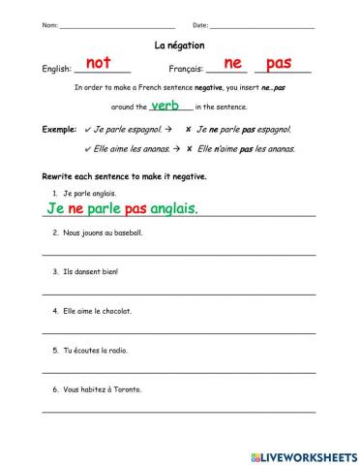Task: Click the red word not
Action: pos(99,63)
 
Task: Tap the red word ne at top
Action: pos(232,63)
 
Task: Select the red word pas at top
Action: pos(279,63)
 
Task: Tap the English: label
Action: pos(57,70)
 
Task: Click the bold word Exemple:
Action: pos(60,129)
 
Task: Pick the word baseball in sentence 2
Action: pos(126,233)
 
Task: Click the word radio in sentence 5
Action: pos(117,350)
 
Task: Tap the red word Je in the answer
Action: pos(54,208)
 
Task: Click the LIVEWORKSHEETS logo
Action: pos(303,456)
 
